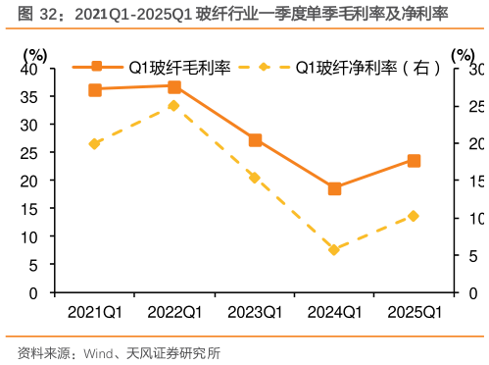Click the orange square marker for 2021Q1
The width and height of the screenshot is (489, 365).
(95, 89)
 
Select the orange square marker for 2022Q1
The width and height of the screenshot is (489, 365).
(174, 86)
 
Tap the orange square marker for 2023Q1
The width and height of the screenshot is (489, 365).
(255, 140)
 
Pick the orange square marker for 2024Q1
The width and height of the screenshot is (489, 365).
(334, 188)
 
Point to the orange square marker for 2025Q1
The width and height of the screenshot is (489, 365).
(414, 161)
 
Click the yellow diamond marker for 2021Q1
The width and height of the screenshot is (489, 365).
(95, 143)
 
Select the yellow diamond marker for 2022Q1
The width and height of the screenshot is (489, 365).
(174, 105)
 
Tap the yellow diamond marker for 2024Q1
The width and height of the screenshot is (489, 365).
(334, 250)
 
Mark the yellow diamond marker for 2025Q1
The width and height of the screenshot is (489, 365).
(414, 216)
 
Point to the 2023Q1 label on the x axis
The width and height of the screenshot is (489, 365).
(255, 312)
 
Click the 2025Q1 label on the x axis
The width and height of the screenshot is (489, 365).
(414, 312)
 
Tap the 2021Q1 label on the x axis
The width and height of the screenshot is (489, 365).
(95, 312)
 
